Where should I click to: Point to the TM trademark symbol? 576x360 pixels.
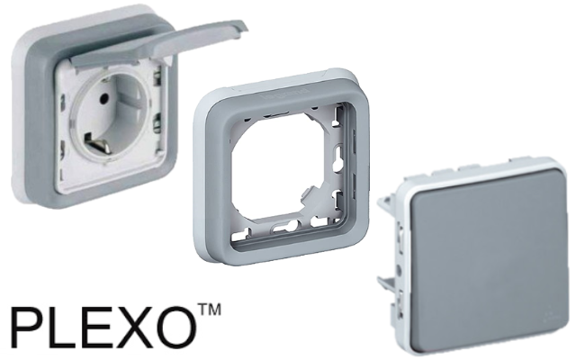[210, 310]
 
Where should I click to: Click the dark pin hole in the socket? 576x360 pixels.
[103, 98]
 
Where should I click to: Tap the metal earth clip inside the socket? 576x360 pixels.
[97, 144]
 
